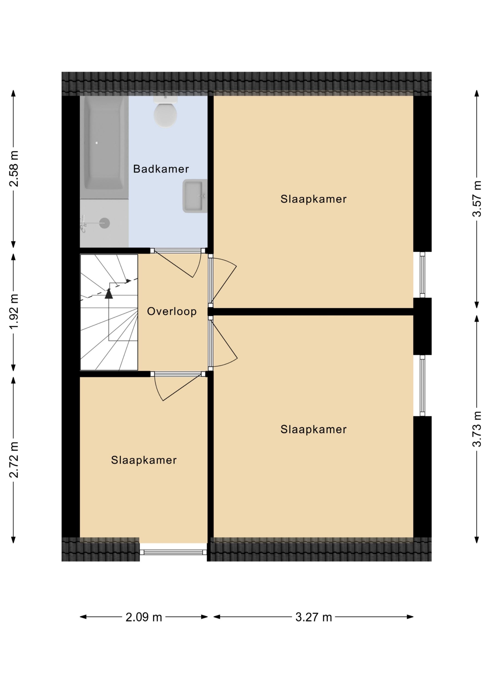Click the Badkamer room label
click(x=161, y=169)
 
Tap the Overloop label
click(x=172, y=311)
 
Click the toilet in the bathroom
click(x=165, y=111)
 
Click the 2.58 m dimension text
click(x=14, y=169)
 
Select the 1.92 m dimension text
click(x=14, y=311)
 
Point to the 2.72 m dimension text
click(x=14, y=460)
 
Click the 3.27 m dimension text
click(x=314, y=617)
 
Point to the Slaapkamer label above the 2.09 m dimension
click(x=144, y=460)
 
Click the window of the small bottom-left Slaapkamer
click(x=173, y=552)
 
